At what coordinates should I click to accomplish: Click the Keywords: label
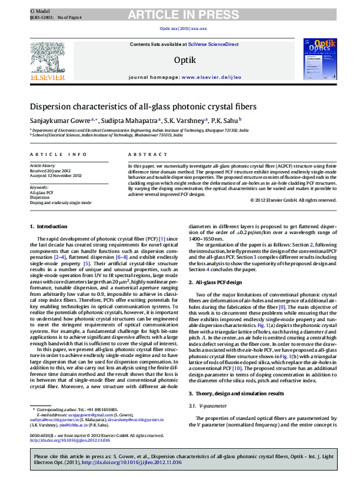click(40, 187)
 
